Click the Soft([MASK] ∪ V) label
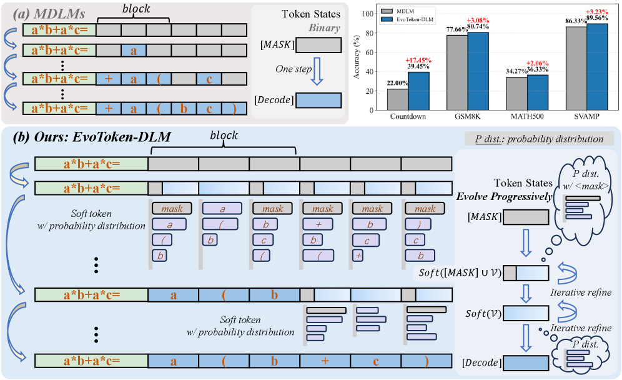[x=459, y=272]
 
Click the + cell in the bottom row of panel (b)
[x=325, y=361]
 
